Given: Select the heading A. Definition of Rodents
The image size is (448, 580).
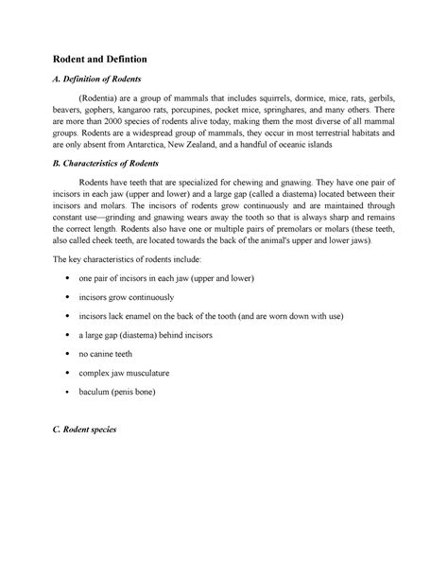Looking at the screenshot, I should coord(99,82).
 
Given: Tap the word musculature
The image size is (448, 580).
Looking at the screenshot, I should coord(153,373).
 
